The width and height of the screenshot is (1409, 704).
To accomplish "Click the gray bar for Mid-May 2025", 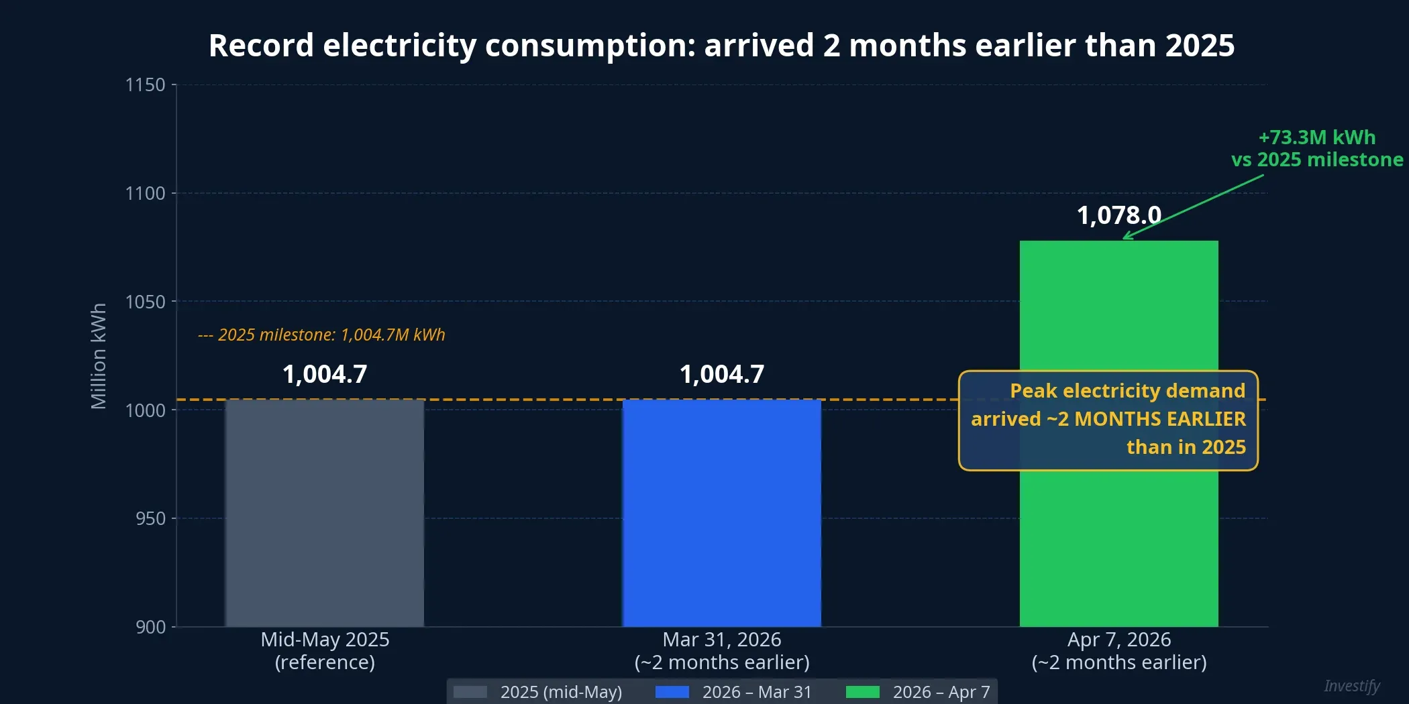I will (325, 513).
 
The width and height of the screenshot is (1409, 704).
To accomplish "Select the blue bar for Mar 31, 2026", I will (722, 513).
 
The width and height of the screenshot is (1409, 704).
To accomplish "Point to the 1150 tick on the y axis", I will (145, 85).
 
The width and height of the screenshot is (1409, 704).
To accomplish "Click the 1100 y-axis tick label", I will (145, 194).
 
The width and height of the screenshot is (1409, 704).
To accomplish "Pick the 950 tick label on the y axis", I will (150, 519).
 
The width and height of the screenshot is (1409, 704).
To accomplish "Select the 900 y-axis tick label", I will (150, 628).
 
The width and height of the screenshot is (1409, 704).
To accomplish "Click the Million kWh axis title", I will (99, 356).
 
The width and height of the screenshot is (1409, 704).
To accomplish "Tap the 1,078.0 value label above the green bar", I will (1118, 216).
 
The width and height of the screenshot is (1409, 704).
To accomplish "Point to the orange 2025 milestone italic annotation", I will (322, 335).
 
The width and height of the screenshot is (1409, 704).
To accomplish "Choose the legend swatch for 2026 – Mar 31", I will (672, 692).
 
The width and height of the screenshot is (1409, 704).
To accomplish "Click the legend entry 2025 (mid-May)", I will (561, 692).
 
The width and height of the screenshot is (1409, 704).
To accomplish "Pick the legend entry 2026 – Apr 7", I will (941, 692).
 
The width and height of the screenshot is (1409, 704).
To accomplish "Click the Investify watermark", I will (1351, 686).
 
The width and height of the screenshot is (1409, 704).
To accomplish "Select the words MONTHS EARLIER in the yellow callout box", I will (1159, 419).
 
